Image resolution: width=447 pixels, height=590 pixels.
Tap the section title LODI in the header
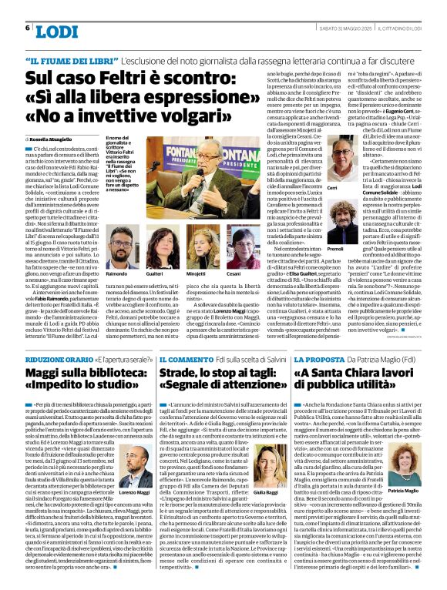tap(57, 32)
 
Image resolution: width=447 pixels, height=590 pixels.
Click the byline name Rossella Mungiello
tap(61, 137)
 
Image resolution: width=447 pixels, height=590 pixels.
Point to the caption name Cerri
tap(331, 188)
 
